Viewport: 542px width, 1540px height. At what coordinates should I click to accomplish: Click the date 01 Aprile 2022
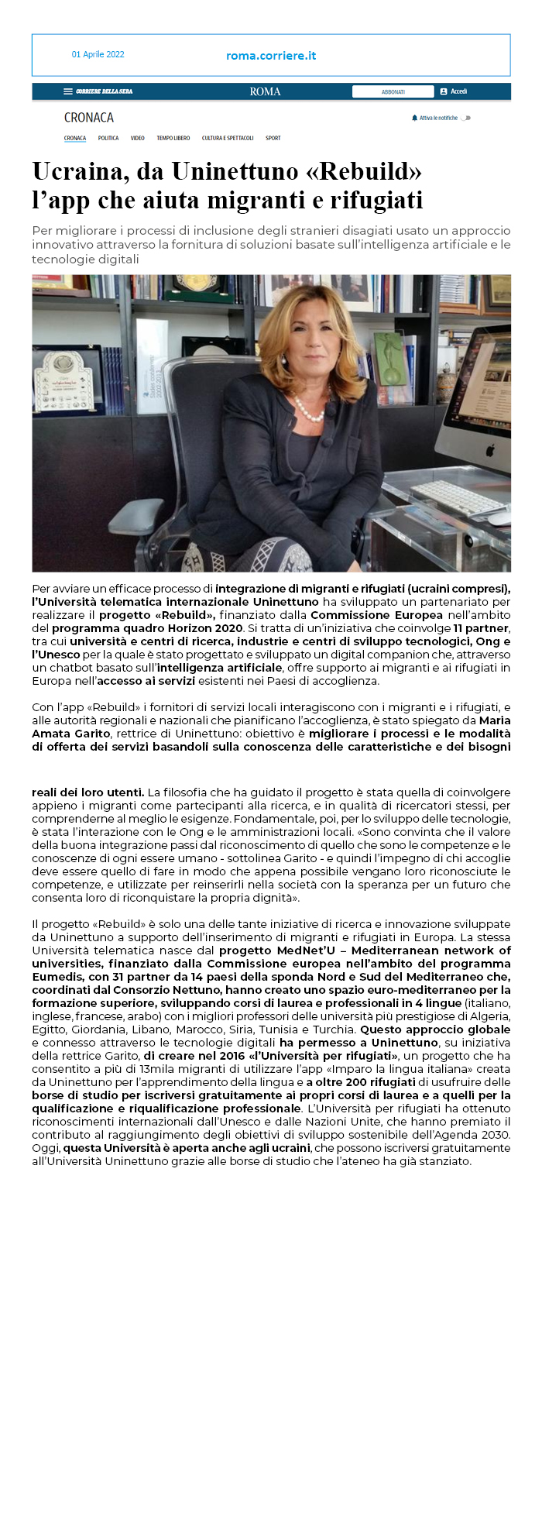coord(98,54)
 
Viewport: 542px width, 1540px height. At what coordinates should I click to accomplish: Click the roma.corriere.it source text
coord(271,56)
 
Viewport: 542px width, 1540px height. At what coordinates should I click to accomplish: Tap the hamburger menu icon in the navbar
coord(68,91)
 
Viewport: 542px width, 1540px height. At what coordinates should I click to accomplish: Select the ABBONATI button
coord(393,91)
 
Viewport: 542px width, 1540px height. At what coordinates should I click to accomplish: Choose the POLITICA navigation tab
coord(108,138)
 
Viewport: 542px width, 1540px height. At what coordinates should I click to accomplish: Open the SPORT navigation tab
coord(273,138)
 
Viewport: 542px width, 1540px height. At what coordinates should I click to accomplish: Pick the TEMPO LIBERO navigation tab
coord(173,138)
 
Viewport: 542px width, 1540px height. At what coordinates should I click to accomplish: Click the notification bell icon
coord(414,118)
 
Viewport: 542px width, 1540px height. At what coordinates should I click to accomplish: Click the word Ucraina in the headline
coord(78,170)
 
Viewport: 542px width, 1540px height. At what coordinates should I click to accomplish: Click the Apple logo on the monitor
coord(489,450)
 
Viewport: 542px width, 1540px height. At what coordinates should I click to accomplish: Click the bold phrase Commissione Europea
coord(376,615)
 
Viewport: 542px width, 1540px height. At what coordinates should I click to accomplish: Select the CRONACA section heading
coord(88,118)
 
